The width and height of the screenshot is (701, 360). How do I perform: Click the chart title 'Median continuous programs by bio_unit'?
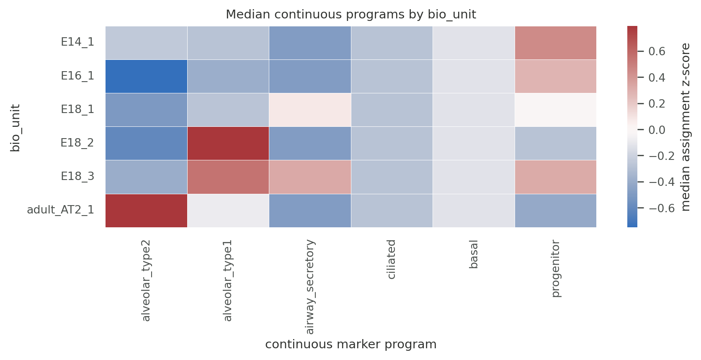tap(351, 14)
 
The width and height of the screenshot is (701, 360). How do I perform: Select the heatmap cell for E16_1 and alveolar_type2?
tap(146, 76)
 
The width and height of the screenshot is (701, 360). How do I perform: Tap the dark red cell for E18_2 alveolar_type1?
tap(228, 143)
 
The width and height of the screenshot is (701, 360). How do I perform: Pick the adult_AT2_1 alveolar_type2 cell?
tap(146, 211)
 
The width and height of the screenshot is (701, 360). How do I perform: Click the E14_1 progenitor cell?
tap(555, 43)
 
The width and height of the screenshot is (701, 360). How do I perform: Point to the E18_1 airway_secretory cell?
tap(310, 110)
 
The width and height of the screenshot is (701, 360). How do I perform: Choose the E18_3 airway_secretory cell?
tap(310, 177)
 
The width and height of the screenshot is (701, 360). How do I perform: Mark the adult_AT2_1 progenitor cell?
tap(555, 211)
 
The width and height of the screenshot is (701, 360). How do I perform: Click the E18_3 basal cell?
tap(474, 177)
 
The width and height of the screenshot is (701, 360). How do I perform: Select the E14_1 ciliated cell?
tap(392, 43)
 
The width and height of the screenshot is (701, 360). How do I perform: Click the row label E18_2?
tap(77, 143)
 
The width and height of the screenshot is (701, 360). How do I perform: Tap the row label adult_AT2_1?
tap(60, 210)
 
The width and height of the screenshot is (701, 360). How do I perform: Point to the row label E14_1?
tap(77, 42)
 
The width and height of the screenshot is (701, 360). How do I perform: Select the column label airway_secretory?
tap(310, 287)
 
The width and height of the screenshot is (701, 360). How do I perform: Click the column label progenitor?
tap(555, 268)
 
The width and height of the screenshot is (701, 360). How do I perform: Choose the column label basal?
tap(474, 254)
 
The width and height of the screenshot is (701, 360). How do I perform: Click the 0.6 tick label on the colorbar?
tap(657, 51)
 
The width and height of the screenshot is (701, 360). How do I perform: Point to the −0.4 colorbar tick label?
tap(661, 182)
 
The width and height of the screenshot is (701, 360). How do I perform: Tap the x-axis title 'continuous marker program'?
tap(351, 345)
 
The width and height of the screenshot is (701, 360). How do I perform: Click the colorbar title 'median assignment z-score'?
tap(686, 127)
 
